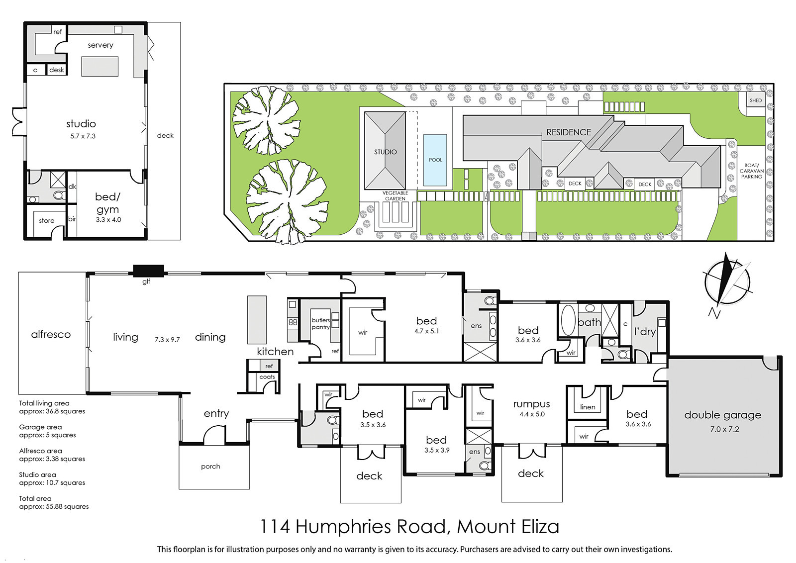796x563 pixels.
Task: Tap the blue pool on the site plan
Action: [435, 160]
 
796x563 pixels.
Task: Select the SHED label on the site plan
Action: [756, 100]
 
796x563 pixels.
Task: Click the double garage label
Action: [723, 415]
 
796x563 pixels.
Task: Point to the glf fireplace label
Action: [146, 281]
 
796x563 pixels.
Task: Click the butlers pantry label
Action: [321, 324]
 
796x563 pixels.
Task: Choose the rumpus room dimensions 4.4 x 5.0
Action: [532, 414]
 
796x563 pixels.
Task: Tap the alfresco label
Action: [51, 334]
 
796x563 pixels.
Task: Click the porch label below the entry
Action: [210, 467]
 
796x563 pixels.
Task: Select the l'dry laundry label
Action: [645, 331]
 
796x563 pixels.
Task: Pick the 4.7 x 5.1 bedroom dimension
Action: [426, 331]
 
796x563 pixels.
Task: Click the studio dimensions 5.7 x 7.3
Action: [83, 136]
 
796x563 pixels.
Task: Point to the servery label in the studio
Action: [100, 45]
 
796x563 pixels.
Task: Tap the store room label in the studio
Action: [47, 221]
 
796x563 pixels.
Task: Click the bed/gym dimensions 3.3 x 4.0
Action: [108, 219]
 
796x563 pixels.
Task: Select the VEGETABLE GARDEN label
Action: [395, 196]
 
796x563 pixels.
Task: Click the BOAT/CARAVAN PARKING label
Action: [752, 171]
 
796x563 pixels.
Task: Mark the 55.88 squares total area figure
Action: [62, 506]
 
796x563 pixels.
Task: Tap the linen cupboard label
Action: [588, 407]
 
